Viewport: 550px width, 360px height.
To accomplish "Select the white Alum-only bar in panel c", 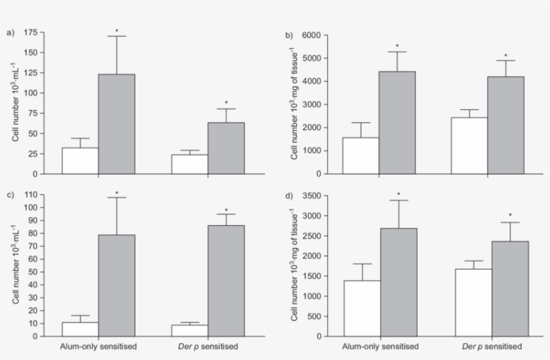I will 80,329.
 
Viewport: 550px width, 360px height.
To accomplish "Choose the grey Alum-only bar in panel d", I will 398,282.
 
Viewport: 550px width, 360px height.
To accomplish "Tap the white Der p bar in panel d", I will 473,302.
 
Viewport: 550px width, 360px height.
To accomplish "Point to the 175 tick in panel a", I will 31,32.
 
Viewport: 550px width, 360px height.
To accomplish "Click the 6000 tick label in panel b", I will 315,35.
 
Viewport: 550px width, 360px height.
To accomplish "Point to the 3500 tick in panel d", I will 315,196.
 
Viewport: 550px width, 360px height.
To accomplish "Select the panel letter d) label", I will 290,196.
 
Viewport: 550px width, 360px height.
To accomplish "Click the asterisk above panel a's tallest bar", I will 116,31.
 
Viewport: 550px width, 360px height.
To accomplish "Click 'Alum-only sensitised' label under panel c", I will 98,347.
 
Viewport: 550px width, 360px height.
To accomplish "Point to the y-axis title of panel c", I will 15,266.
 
